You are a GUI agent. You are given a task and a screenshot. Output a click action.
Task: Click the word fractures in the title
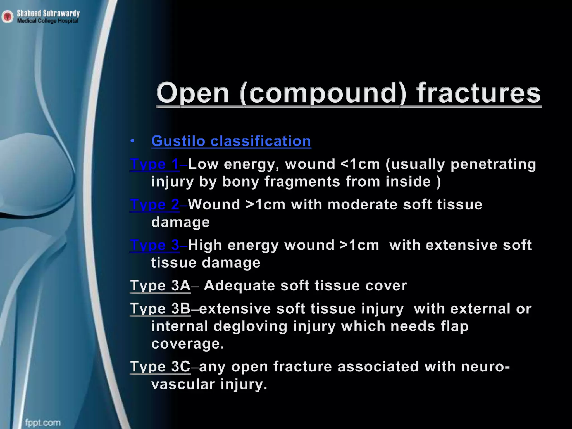tap(479, 93)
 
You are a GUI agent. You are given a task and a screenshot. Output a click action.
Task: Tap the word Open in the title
tap(193, 93)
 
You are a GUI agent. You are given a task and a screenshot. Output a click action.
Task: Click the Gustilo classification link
tap(231, 141)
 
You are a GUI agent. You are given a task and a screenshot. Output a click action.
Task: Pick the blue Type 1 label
tap(154, 164)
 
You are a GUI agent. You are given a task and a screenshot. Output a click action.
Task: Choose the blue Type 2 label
tap(154, 205)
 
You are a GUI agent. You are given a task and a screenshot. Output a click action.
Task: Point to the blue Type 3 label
tap(154, 245)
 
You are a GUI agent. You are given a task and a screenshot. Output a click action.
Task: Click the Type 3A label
tap(160, 286)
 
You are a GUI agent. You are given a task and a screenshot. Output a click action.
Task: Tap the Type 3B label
tap(160, 309)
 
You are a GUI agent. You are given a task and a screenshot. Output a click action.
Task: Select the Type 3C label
tap(160, 367)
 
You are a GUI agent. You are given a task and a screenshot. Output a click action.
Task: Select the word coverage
tap(188, 344)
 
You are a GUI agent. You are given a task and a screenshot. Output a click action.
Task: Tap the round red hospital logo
tap(8, 17)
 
